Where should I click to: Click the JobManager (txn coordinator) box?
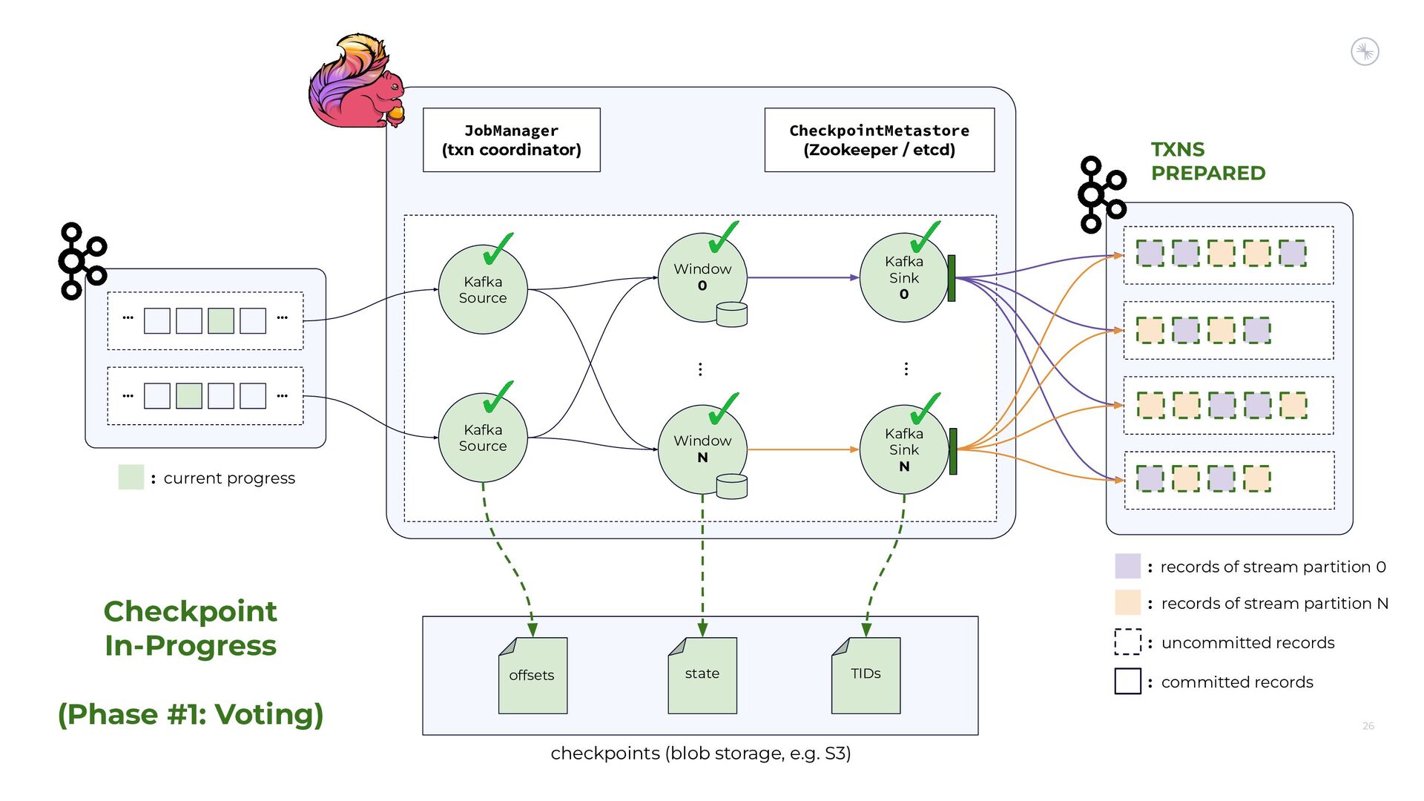click(511, 140)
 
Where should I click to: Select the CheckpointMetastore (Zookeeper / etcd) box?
click(879, 140)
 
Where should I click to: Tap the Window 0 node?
click(702, 277)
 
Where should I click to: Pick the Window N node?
click(702, 449)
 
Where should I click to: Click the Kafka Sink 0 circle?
click(903, 277)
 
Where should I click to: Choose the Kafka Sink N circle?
click(903, 449)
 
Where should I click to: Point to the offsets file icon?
click(533, 675)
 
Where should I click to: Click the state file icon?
click(702, 675)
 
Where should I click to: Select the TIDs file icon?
click(866, 675)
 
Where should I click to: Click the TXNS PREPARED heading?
click(1207, 161)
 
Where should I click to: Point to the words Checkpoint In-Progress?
click(191, 628)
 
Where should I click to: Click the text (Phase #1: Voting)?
click(191, 714)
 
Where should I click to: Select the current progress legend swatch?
click(131, 477)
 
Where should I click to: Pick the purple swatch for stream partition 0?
click(1127, 566)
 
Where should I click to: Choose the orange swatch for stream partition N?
click(1127, 602)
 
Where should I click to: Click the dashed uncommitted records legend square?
click(1127, 642)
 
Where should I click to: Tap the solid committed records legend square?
click(1127, 681)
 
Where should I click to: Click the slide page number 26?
click(1368, 726)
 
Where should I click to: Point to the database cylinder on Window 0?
click(732, 314)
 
